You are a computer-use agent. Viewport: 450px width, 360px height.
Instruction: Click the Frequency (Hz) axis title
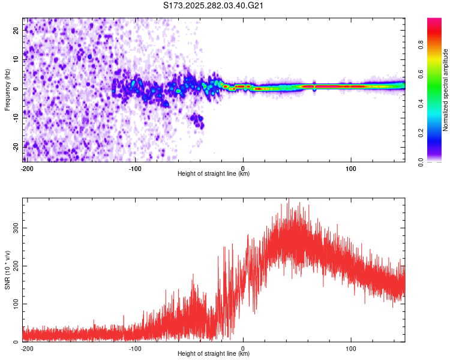7,90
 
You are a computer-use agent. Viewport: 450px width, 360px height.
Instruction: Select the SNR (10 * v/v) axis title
7,270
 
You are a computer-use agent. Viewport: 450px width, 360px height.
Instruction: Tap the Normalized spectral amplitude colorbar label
446,90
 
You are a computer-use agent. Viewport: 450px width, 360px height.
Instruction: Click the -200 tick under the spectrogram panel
26,168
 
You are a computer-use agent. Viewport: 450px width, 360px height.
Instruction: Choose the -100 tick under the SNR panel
135,348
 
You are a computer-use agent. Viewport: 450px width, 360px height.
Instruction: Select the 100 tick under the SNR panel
351,348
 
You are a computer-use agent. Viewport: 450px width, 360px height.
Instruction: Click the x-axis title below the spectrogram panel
214,174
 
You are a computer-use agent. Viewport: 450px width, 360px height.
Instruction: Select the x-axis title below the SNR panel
214,354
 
